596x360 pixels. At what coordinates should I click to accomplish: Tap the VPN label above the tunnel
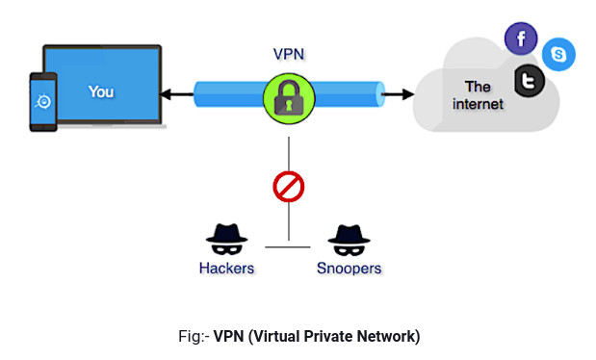[289, 55]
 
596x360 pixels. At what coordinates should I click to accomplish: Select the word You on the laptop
[101, 92]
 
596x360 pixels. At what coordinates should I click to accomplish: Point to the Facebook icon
[521, 39]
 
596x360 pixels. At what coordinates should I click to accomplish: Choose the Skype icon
[558, 54]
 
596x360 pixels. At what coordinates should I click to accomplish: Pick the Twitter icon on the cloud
[528, 82]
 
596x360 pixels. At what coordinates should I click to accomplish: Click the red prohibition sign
[289, 187]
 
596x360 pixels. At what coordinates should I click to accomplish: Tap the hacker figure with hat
[227, 237]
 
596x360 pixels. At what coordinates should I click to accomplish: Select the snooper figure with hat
[347, 237]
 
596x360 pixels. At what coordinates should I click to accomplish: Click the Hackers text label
[226, 268]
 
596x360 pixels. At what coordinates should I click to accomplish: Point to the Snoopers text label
[350, 268]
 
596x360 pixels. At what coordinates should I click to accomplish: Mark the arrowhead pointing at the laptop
[165, 94]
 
